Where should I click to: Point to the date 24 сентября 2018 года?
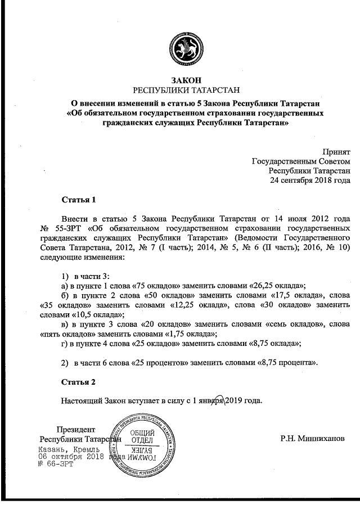coord(310,181)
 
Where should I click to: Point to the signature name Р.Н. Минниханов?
coord(312,438)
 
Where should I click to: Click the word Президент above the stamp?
coord(76,429)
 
